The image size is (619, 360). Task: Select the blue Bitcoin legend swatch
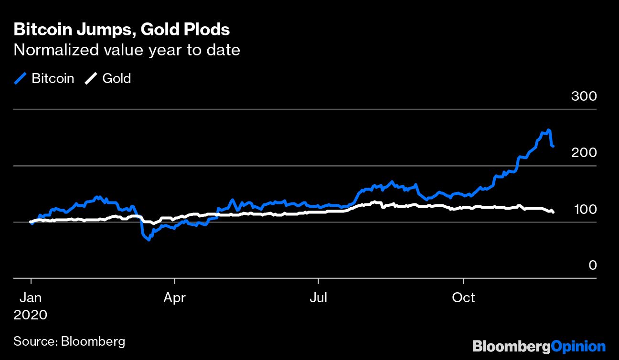(x=20, y=79)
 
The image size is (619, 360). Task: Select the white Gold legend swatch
(x=91, y=79)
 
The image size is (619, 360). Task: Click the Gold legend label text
(x=117, y=79)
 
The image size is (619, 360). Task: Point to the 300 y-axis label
(x=584, y=96)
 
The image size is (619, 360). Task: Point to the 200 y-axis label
(x=584, y=153)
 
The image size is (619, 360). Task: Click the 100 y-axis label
(x=584, y=209)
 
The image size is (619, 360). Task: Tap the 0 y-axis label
(x=592, y=265)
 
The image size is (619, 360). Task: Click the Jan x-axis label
(x=31, y=298)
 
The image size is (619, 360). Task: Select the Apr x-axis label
(x=174, y=298)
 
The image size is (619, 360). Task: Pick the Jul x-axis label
(x=318, y=298)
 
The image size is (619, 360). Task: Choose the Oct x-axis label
(x=463, y=298)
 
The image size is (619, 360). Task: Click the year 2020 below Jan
(x=31, y=315)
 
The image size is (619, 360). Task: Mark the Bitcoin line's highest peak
(x=549, y=130)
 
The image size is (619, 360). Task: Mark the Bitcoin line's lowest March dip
(x=149, y=240)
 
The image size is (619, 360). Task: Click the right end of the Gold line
(x=553, y=212)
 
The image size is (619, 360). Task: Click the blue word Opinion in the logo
(x=578, y=346)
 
